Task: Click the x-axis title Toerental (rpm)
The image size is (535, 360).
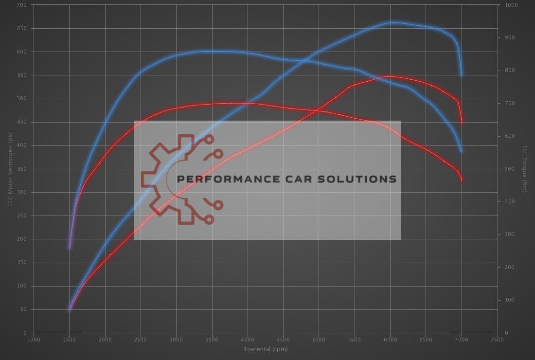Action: click(266, 349)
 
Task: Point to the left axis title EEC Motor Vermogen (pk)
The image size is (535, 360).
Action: click(10, 169)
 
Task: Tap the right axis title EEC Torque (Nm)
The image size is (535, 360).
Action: click(525, 169)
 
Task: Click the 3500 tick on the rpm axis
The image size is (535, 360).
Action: click(212, 340)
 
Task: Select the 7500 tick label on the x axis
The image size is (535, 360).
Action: click(497, 340)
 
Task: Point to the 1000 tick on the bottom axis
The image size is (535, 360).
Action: click(34, 340)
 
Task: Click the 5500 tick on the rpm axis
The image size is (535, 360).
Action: click(355, 340)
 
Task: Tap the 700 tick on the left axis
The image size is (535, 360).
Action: click(22, 5)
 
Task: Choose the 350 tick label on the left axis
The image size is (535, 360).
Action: click(22, 169)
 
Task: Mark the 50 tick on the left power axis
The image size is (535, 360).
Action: click(23, 309)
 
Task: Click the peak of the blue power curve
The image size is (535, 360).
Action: click(392, 22)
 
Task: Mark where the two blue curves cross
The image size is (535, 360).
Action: click(303, 61)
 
